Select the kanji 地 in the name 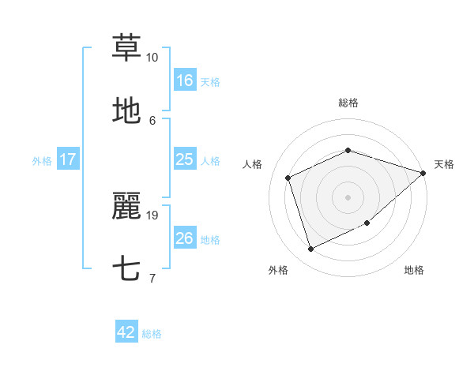click(126, 111)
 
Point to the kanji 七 click(126, 268)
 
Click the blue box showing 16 click(185, 80)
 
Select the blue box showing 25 click(185, 159)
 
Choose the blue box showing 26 click(185, 238)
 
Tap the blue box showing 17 click(68, 159)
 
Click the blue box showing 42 click(126, 332)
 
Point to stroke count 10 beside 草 click(152, 58)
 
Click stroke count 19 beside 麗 click(152, 215)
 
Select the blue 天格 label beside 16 click(210, 81)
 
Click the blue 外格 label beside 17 click(42, 160)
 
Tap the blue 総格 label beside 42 click(152, 334)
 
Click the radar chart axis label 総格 click(348, 103)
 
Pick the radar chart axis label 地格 click(414, 270)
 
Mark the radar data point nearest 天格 click(423, 174)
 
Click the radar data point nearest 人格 click(288, 178)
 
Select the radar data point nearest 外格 click(310, 249)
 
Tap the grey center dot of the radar click(348, 197)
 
